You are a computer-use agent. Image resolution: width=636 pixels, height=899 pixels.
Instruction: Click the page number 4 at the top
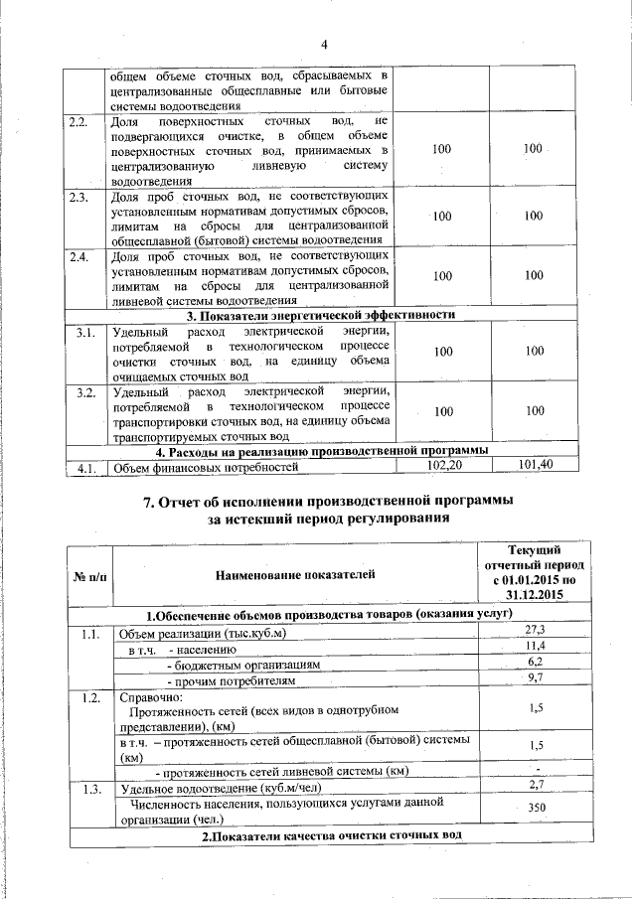(324, 44)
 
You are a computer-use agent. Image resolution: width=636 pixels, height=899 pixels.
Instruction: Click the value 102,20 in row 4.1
(443, 465)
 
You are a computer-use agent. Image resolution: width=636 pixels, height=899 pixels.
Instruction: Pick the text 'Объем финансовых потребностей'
(206, 466)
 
